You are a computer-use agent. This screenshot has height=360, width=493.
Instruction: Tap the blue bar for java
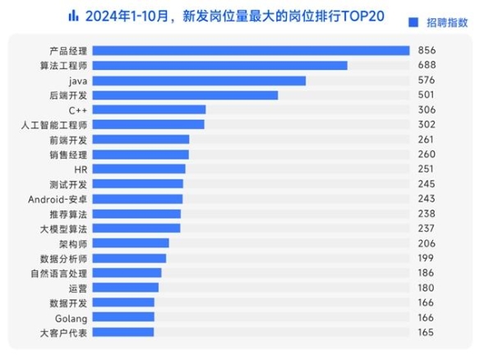[x=200, y=81]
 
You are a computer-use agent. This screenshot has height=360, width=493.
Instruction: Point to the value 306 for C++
[x=427, y=110]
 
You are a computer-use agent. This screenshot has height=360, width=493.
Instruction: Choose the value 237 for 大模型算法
[x=427, y=228]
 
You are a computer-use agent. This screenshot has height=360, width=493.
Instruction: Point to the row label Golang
[x=71, y=317]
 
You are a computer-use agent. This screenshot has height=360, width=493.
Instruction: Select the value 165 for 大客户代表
[x=427, y=332]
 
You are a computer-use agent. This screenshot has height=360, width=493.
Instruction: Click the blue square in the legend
[x=413, y=23]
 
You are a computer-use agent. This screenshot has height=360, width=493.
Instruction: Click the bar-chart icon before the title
[x=73, y=15]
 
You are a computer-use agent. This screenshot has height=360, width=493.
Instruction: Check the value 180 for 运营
[x=427, y=288]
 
